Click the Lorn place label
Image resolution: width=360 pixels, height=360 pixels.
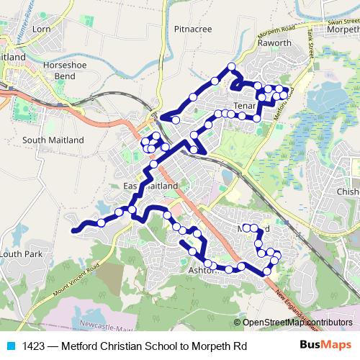pyautogui.click(x=41, y=30)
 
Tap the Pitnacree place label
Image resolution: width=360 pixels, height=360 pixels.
pyautogui.click(x=192, y=30)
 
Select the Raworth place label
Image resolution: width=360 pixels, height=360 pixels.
pyautogui.click(x=275, y=42)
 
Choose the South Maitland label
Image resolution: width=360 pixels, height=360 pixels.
pyautogui.click(x=53, y=140)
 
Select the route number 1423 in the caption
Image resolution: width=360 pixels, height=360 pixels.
pyautogui.click(x=35, y=346)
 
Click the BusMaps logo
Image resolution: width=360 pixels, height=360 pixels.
pyautogui.click(x=325, y=346)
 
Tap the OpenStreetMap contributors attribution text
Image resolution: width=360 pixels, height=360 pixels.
pyautogui.click(x=297, y=323)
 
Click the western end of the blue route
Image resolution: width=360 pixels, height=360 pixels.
pyautogui.click(x=73, y=230)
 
